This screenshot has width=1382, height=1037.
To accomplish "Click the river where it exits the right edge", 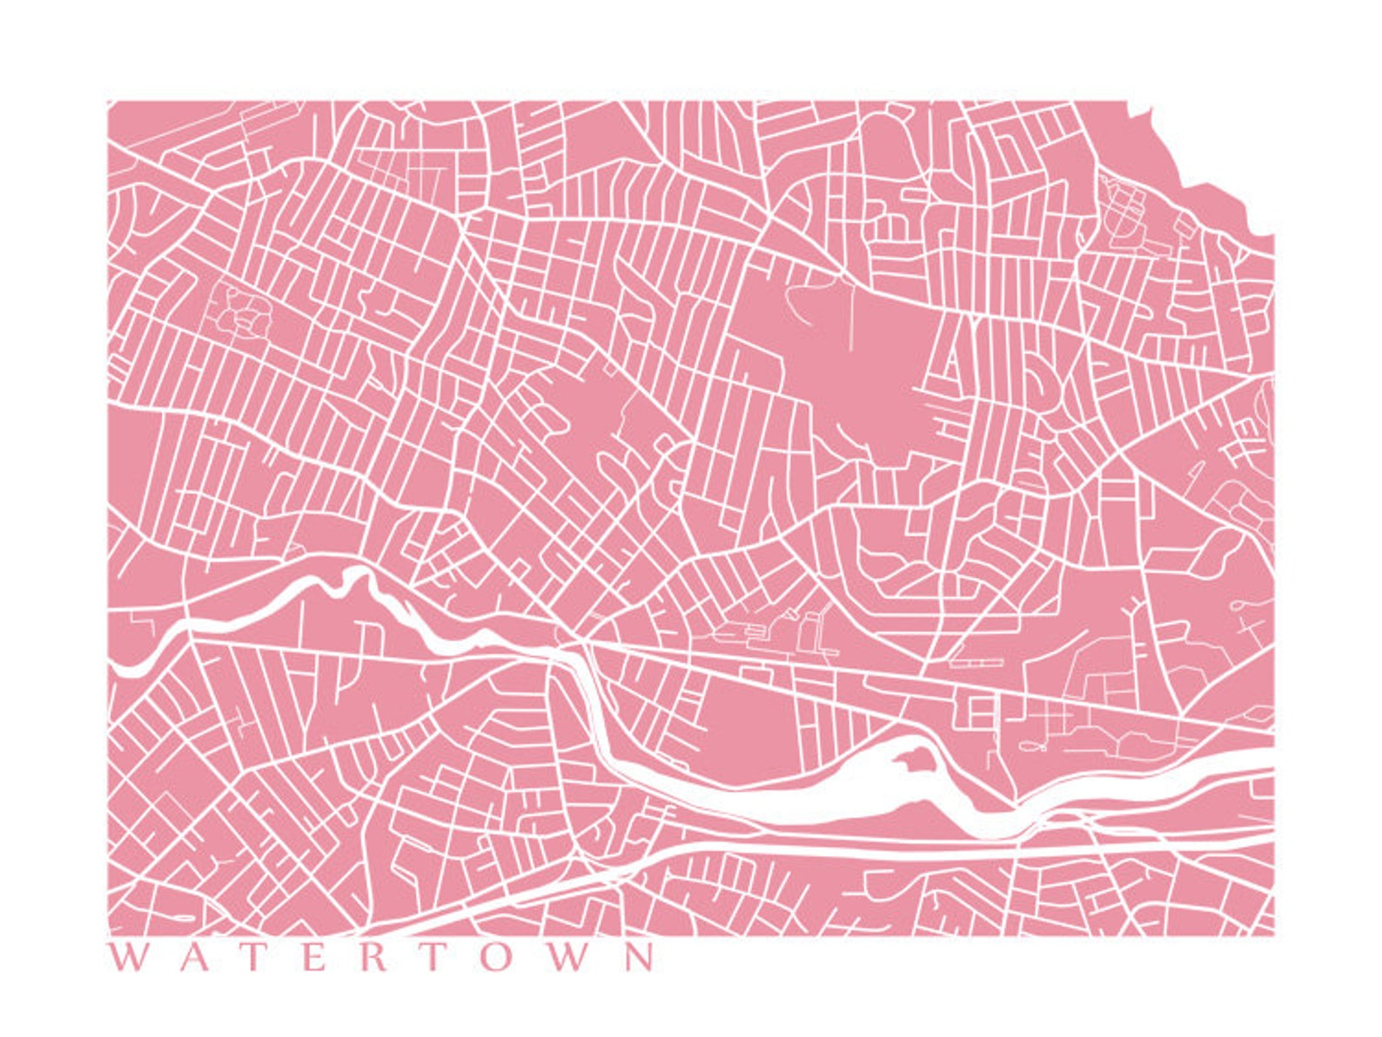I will click(1266, 771).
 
